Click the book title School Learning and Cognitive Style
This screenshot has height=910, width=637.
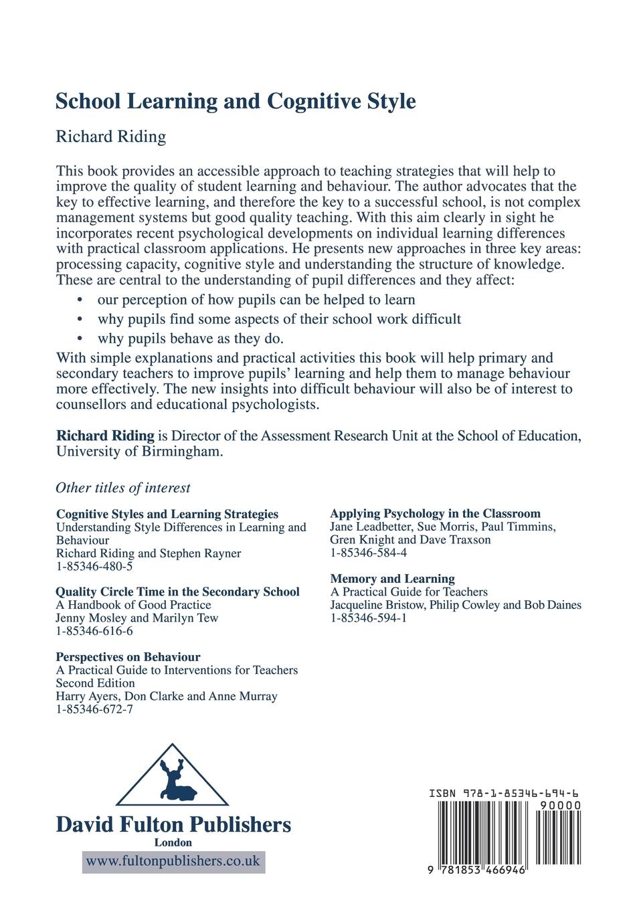[x=236, y=101]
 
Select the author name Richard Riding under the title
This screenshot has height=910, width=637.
[x=110, y=136]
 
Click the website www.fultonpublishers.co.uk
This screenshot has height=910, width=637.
[x=173, y=861]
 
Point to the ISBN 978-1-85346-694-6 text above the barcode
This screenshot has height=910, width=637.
[x=505, y=793]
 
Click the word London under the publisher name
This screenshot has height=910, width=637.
[x=173, y=842]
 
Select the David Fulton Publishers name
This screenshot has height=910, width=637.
[x=173, y=824]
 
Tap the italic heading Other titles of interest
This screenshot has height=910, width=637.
[x=123, y=488]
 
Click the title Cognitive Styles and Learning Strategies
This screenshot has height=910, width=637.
[x=167, y=514]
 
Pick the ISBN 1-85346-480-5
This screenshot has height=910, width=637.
[x=94, y=566]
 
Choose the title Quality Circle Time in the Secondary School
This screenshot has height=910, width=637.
[x=177, y=591]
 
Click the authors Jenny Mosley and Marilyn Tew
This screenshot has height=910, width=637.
[x=136, y=618]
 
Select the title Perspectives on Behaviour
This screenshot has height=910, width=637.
[x=128, y=656]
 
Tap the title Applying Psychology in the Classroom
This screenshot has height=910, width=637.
[x=435, y=513]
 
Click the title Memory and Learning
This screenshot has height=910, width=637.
[x=392, y=578]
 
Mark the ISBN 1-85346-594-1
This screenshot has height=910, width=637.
[x=368, y=618]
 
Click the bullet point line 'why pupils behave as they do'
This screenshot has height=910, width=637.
[x=190, y=338]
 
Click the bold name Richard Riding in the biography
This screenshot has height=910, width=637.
[x=105, y=436]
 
